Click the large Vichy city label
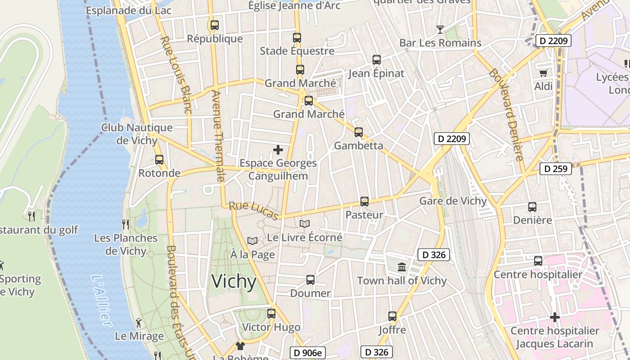coord(234,281)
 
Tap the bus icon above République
coord(215,25)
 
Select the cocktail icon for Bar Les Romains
coord(440,30)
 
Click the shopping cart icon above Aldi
coord(543,72)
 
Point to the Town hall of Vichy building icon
coord(402,267)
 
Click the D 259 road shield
coord(555,169)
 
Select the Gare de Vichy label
coord(453,201)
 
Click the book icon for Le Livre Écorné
coord(305,224)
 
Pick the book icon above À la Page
coord(252,241)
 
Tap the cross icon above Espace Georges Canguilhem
coord(278,150)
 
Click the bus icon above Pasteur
coord(364,202)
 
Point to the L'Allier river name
coord(101,300)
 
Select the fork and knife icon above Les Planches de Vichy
coord(126,224)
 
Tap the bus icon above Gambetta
coord(359,132)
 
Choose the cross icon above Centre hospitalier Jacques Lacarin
coord(554,318)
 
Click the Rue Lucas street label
coord(254,211)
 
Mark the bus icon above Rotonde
coord(159,160)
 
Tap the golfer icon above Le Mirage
coord(139,323)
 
